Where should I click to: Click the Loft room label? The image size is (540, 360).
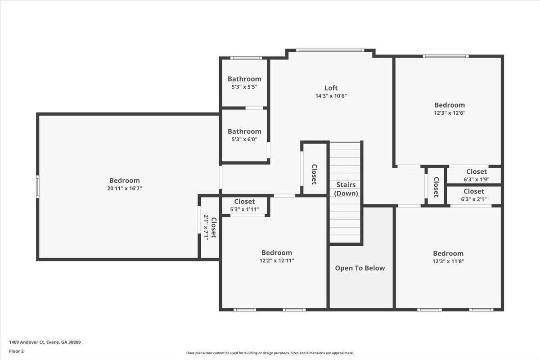pos(331,88)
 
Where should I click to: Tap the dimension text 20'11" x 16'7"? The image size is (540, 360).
pos(124,189)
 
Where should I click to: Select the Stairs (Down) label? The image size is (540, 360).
pos(346,189)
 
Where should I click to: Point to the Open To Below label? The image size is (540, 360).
pos(360,268)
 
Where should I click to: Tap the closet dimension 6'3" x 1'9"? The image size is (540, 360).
pos(476,179)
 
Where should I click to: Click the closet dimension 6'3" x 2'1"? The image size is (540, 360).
pos(474,199)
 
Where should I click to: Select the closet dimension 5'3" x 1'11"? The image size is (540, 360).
pos(244,209)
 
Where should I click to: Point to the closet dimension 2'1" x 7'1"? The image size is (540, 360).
pos(207,227)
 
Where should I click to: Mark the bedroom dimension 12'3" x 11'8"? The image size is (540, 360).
pos(448,261)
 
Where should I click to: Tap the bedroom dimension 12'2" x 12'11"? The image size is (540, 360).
pos(277,261)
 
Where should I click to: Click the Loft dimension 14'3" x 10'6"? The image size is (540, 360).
pos(331,96)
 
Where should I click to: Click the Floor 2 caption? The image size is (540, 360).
pos(16,351)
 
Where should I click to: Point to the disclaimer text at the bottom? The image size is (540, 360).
pos(270,353)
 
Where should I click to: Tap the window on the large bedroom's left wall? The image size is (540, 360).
pos(38,187)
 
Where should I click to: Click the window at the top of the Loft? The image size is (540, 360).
pos(330,50)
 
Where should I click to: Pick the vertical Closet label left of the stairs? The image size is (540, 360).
pos(314,174)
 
